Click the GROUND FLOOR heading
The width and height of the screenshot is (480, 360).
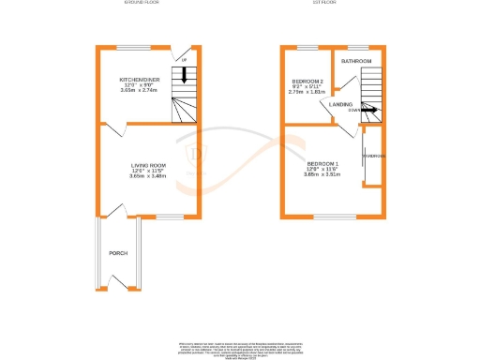coord(142,4)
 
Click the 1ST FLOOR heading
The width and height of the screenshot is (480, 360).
coord(324,4)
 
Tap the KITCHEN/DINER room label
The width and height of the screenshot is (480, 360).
coord(140,81)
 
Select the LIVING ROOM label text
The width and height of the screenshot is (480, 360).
coord(147,166)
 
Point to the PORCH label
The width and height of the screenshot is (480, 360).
coord(118,253)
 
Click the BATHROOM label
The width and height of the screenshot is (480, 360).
coord(356,61)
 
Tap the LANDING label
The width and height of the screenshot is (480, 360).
coord(341,104)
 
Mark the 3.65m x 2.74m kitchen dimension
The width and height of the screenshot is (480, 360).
coord(140,92)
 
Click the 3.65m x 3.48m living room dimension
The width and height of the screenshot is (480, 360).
coord(147,177)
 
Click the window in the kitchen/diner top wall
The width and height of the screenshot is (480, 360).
coord(129,47)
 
